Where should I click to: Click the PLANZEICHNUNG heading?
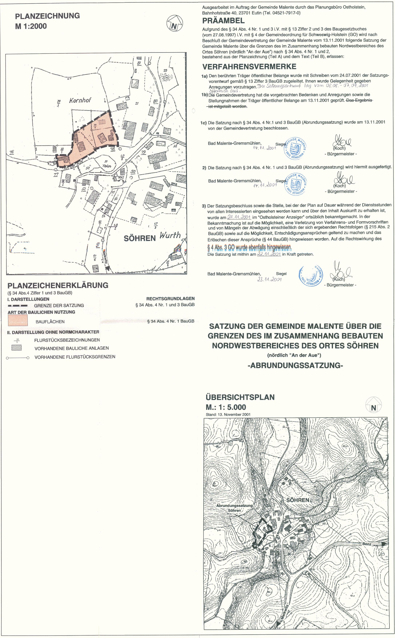point(47,16)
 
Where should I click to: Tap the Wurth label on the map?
point(170,235)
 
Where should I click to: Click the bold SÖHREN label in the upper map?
point(140,238)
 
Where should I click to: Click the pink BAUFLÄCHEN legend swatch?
point(17,320)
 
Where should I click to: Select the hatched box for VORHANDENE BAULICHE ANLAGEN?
point(16,348)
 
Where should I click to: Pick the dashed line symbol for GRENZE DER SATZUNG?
point(17,306)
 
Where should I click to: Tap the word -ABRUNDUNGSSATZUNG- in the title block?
point(295,365)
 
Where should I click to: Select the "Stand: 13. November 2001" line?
point(228,414)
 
